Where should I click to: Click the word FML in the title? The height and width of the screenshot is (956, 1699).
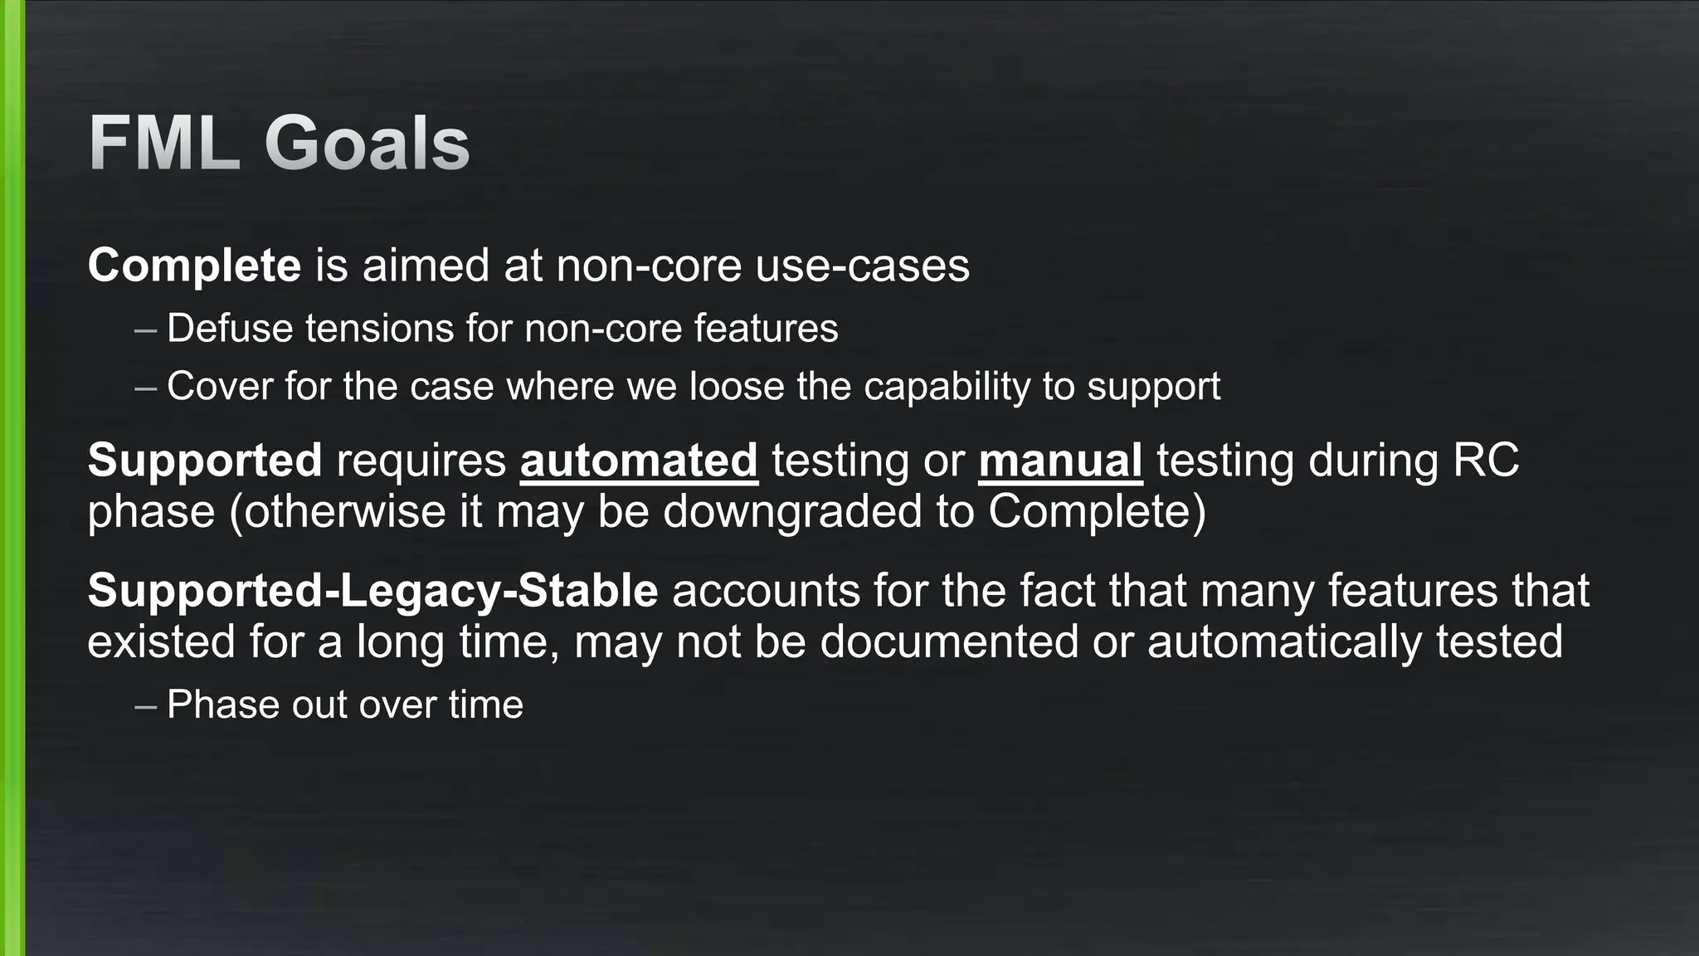click(x=164, y=144)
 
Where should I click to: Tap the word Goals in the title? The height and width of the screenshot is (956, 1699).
click(x=367, y=144)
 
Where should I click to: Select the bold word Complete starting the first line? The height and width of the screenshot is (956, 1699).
click(x=194, y=266)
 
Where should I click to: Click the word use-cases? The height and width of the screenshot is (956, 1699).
click(x=862, y=266)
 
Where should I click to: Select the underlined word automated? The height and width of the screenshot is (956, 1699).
click(x=639, y=460)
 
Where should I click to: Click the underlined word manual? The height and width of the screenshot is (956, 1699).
click(x=1060, y=460)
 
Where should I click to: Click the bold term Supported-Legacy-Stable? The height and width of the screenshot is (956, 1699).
click(x=372, y=591)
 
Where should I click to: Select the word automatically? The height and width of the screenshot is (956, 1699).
click(x=1284, y=642)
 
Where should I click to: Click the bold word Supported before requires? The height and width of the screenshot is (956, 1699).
click(x=204, y=460)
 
